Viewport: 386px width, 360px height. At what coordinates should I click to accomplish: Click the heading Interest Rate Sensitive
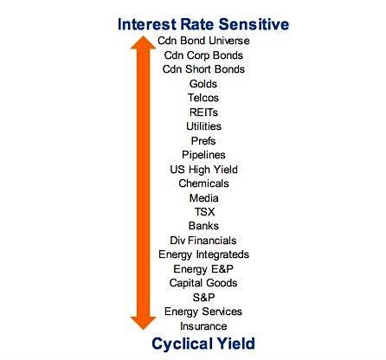click(203, 24)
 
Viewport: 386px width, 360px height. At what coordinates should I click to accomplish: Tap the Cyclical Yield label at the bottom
click(203, 344)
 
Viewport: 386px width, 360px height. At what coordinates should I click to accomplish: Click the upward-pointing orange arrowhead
click(144, 42)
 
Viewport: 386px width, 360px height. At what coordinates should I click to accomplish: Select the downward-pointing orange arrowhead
click(144, 323)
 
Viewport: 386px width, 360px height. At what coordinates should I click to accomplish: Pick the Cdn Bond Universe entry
click(203, 41)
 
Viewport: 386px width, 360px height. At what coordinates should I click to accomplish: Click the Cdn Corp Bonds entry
click(203, 55)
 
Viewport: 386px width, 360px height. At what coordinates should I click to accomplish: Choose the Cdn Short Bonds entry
click(203, 69)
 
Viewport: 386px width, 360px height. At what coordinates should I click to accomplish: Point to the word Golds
click(203, 84)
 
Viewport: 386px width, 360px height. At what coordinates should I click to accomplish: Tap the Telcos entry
click(203, 98)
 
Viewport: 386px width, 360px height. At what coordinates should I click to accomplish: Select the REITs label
click(203, 112)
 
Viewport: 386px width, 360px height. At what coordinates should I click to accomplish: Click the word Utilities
click(203, 126)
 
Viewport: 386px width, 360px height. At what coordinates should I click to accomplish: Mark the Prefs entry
click(203, 141)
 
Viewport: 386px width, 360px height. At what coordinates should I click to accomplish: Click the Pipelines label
click(203, 155)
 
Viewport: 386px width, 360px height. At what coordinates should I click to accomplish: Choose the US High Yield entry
click(203, 170)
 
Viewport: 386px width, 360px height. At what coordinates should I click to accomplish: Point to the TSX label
click(204, 212)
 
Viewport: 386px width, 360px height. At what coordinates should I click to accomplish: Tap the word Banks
click(203, 226)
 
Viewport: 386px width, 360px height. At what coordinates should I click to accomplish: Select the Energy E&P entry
click(203, 269)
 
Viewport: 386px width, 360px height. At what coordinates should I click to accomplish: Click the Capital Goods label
click(203, 283)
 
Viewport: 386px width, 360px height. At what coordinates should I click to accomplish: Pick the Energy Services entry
click(203, 312)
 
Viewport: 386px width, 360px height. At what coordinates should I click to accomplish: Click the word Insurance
click(203, 326)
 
